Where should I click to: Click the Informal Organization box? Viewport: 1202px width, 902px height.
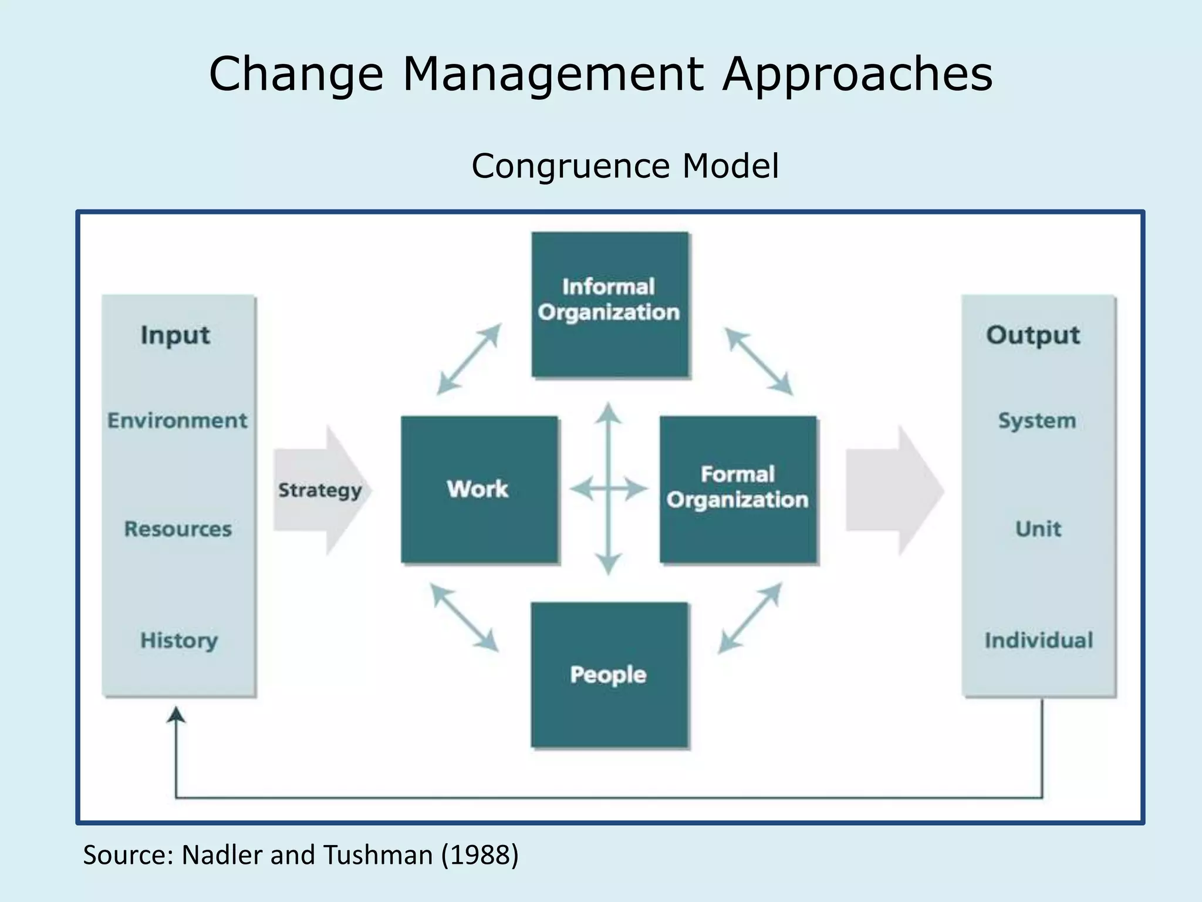tap(610, 304)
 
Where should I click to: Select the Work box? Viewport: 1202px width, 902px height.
tap(479, 489)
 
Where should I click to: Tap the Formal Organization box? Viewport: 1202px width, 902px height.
tap(738, 489)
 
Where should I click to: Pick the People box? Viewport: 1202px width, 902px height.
tap(609, 674)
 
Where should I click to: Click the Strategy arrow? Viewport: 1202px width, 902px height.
tap(320, 490)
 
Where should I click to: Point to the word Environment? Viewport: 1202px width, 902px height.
tap(177, 420)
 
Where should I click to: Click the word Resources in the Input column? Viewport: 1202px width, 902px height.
tap(178, 529)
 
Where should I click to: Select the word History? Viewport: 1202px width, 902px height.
tap(179, 640)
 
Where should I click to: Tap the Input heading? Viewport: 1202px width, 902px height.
tap(175, 335)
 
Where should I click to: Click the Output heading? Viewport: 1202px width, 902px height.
tap(1033, 335)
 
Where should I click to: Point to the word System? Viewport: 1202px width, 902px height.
tap(1037, 420)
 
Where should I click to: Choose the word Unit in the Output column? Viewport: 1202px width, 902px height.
tap(1038, 529)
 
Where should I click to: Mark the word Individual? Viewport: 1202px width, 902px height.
tap(1039, 640)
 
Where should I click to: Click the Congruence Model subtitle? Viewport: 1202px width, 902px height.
tap(625, 166)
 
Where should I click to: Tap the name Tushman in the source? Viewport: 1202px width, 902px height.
tap(378, 855)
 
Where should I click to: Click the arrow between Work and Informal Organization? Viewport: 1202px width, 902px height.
tap(469, 359)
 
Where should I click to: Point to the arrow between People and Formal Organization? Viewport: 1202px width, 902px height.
tap(750, 618)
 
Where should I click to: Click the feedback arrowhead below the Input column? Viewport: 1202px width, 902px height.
tap(176, 714)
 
